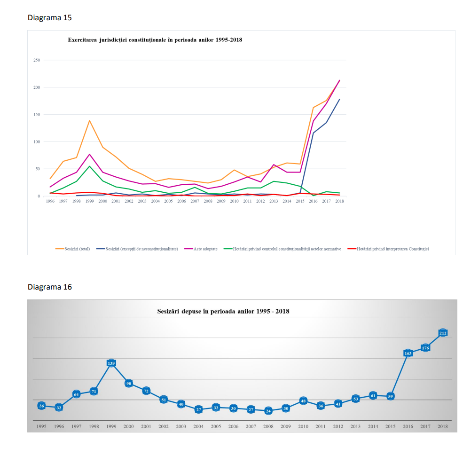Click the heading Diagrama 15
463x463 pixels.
point(49,18)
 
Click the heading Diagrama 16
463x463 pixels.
point(49,287)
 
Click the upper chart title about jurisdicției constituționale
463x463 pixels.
point(155,40)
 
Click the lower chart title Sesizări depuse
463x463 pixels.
point(223,311)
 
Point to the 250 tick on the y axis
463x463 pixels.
point(36,60)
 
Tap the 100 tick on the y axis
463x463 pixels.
point(36,141)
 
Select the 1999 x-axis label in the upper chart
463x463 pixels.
point(89,201)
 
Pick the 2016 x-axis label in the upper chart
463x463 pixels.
point(313,201)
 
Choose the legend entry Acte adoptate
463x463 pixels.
point(205,249)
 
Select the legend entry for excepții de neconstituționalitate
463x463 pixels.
point(141,249)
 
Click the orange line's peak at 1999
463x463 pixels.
point(89,120)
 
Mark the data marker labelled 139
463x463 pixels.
point(111,363)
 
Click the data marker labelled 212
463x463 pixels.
point(443,333)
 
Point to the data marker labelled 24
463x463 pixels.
point(268,411)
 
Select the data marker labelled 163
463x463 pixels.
point(408,353)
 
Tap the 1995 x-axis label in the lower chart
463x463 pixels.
point(41,426)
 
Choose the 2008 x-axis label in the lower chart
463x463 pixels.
point(268,426)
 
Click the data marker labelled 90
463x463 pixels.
point(129,383)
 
